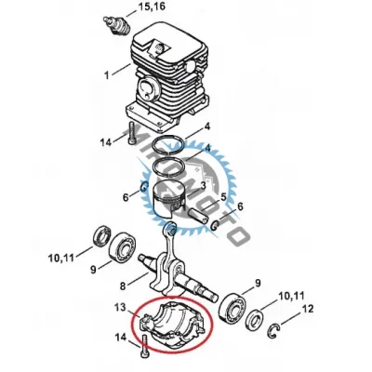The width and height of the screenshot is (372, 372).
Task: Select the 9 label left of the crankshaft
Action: point(93,271)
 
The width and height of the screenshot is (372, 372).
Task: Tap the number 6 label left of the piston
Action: point(126,197)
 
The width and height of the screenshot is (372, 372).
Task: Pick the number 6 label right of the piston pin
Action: point(240,206)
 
